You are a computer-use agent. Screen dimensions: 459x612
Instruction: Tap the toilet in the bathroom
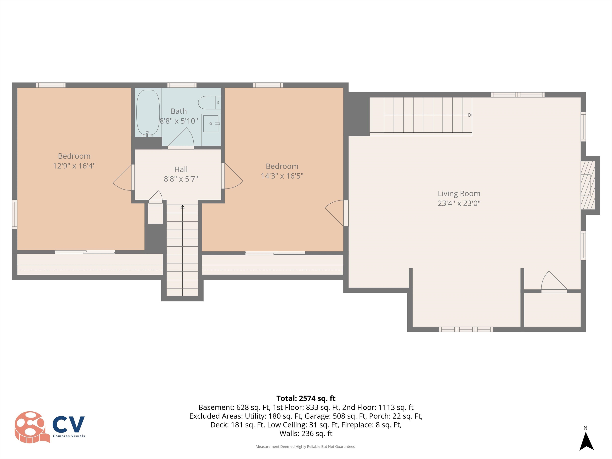click(x=209, y=103)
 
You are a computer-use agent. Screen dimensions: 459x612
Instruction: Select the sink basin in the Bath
click(x=211, y=123)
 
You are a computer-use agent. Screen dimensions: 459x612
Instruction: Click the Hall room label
click(x=181, y=169)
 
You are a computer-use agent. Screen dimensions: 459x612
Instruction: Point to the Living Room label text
click(x=459, y=193)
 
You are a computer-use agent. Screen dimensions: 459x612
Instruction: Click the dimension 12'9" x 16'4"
click(x=74, y=166)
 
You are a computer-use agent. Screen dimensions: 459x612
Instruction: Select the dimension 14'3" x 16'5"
click(x=282, y=176)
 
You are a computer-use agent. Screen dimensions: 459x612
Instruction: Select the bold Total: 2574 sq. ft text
click(x=306, y=398)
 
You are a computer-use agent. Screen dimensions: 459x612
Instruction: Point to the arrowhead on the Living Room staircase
click(x=470, y=115)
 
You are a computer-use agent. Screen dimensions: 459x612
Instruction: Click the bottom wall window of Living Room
click(x=466, y=329)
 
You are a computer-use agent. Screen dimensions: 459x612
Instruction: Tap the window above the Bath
click(x=182, y=85)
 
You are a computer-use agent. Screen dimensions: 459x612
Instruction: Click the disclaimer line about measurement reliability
click(x=306, y=447)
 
